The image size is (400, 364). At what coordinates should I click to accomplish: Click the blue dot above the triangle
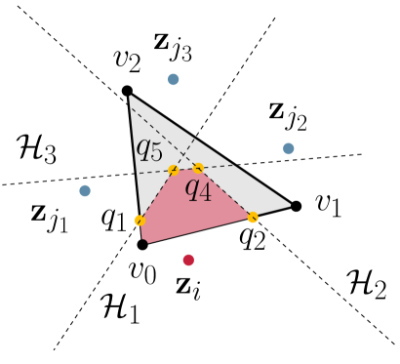(173, 79)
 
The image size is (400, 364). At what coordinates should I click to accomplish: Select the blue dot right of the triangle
(288, 148)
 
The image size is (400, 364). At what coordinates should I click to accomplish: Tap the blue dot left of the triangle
(85, 190)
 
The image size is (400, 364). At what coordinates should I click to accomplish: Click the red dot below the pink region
(188, 260)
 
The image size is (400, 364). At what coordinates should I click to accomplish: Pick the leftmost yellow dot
(140, 221)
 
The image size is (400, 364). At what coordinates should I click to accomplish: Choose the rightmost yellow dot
(253, 218)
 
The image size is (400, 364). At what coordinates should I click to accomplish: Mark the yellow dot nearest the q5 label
(174, 171)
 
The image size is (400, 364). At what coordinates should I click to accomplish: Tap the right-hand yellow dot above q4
(198, 168)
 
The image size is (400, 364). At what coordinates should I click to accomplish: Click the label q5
(149, 149)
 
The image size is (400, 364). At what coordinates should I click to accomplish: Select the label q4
(198, 189)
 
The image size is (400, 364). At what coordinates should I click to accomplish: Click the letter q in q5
(143, 148)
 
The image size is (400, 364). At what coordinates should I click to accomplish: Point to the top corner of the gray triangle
(131, 97)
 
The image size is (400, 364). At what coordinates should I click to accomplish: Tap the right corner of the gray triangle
(289, 205)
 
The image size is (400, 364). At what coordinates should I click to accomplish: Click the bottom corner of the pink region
(147, 241)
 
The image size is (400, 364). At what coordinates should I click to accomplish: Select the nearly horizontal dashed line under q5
(156, 172)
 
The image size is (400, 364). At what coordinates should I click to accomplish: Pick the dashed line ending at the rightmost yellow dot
(226, 193)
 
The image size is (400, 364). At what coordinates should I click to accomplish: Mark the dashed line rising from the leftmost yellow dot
(156, 196)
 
